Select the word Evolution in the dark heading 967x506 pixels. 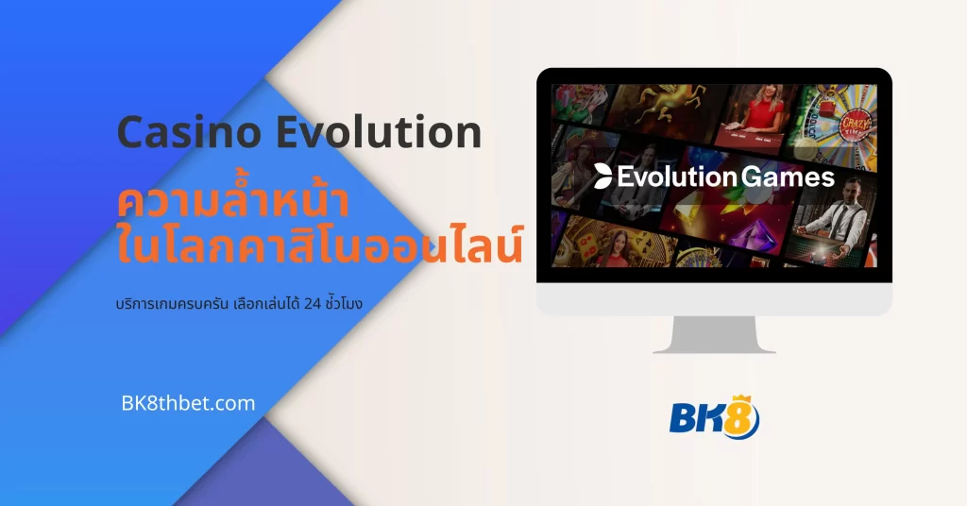[379, 133]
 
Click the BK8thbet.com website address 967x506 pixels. [188, 403]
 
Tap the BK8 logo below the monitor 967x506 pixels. [714, 415]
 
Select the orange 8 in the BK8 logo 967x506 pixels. [741, 419]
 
